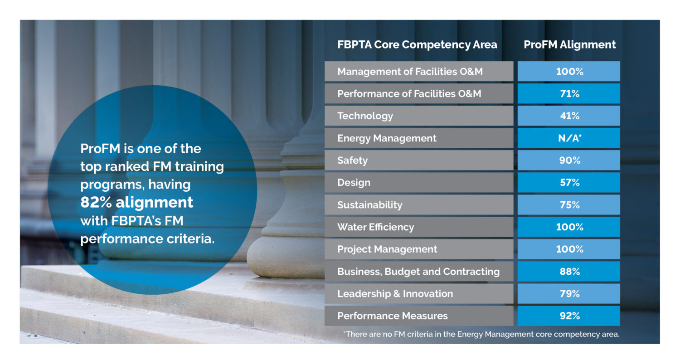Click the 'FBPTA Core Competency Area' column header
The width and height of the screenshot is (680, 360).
click(x=417, y=44)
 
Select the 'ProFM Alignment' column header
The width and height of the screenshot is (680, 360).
click(x=569, y=44)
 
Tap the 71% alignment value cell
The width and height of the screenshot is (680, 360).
click(x=569, y=93)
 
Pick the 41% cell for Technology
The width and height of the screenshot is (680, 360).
click(x=569, y=116)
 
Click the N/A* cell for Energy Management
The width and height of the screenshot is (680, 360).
click(x=569, y=138)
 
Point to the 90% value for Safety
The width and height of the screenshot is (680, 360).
click(x=569, y=160)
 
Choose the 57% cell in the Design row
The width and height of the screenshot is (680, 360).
click(x=569, y=182)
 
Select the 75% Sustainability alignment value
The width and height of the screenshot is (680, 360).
click(x=569, y=204)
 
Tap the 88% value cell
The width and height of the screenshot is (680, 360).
click(x=569, y=272)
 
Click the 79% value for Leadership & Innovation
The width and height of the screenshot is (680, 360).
click(x=569, y=293)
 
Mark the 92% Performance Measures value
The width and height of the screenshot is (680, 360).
click(x=569, y=316)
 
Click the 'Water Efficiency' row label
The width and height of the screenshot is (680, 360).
click(x=375, y=227)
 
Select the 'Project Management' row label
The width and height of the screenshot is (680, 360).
click(x=387, y=249)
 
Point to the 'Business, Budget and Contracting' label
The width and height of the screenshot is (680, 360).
click(x=418, y=272)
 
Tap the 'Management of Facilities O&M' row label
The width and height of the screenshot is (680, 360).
click(x=410, y=72)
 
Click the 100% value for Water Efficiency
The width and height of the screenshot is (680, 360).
click(x=569, y=227)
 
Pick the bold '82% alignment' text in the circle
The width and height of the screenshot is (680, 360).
click(x=136, y=202)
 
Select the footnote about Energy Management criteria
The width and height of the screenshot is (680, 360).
click(x=481, y=334)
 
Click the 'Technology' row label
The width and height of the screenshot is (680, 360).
click(x=365, y=116)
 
